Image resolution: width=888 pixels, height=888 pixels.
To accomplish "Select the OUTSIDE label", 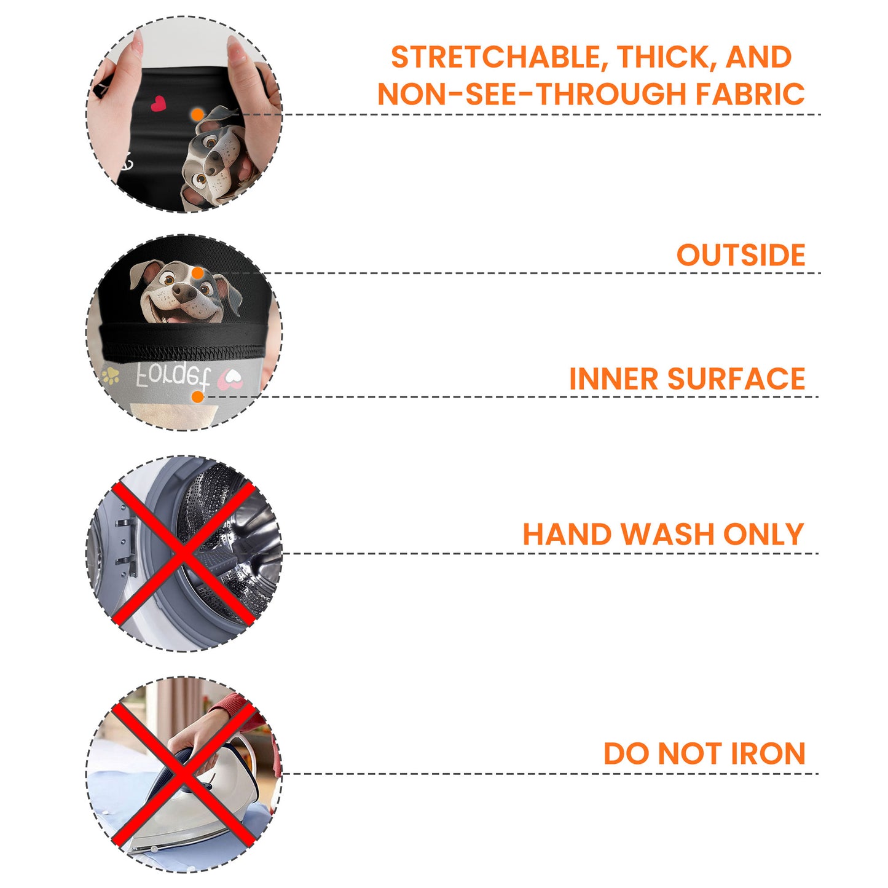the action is point(741,255).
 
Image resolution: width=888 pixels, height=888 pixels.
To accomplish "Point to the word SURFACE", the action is point(736,379).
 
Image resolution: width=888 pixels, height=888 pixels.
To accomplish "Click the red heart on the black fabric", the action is point(158,103).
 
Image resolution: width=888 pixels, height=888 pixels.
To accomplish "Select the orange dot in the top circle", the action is point(197,115).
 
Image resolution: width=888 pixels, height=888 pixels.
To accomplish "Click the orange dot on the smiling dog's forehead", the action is point(198,273).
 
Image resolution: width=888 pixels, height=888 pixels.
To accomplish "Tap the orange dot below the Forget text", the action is point(197,396).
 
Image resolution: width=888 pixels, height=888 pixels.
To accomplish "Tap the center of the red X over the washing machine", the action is point(183,553).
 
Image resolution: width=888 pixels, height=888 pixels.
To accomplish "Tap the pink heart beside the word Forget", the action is point(230,379).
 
